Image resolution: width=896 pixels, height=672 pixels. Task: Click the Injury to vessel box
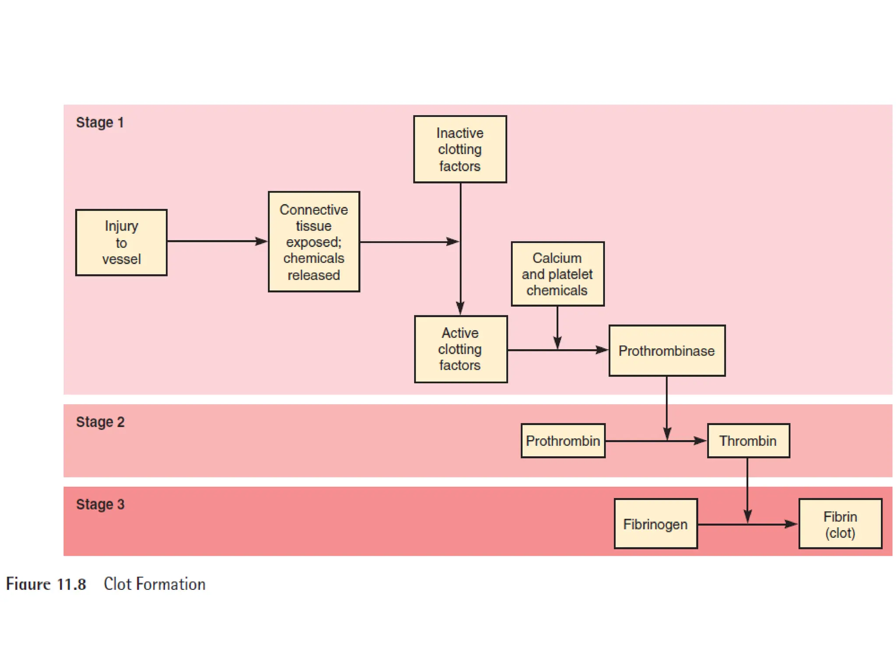(121, 242)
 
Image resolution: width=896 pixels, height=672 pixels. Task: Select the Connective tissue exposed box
(314, 241)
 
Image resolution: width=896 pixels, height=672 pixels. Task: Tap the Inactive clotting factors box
(460, 149)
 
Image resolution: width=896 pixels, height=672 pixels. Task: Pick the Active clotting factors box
(461, 349)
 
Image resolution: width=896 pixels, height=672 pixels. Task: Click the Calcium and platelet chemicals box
(557, 274)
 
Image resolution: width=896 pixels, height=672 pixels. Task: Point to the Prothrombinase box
(667, 350)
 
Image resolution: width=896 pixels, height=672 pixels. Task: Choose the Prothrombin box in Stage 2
(563, 441)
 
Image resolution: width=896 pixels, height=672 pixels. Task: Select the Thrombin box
(748, 441)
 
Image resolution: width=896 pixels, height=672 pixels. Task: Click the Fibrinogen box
(655, 524)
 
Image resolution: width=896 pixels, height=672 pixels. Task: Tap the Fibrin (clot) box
(840, 524)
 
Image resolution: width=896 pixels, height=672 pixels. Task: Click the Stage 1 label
(100, 122)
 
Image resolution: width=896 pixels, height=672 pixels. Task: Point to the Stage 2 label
(100, 422)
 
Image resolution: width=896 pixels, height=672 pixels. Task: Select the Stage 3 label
(100, 504)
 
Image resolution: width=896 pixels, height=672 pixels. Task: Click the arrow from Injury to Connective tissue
(217, 241)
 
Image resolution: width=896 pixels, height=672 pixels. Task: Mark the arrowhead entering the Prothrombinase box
(602, 350)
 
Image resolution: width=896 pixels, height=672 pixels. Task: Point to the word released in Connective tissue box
(314, 275)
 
